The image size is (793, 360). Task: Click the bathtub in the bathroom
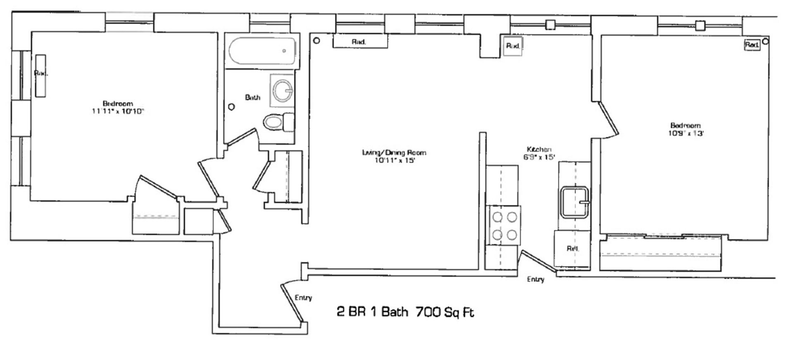tap(262, 51)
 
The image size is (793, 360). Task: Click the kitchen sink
tap(574, 202)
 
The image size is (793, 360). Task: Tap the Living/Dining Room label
tap(394, 152)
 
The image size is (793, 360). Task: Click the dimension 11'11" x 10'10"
tap(118, 111)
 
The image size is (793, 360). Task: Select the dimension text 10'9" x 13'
tap(686, 133)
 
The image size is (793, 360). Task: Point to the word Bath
tap(252, 97)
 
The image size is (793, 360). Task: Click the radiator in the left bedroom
tap(40, 76)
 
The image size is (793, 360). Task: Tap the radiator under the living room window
tap(360, 41)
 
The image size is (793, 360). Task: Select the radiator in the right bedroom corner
tap(752, 45)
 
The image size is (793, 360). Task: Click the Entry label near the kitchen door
tap(535, 279)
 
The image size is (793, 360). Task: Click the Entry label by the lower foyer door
tap(303, 298)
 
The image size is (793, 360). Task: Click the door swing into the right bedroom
tap(607, 120)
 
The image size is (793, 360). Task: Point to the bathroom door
tap(242, 137)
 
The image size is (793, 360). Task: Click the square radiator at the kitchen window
tap(513, 45)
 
